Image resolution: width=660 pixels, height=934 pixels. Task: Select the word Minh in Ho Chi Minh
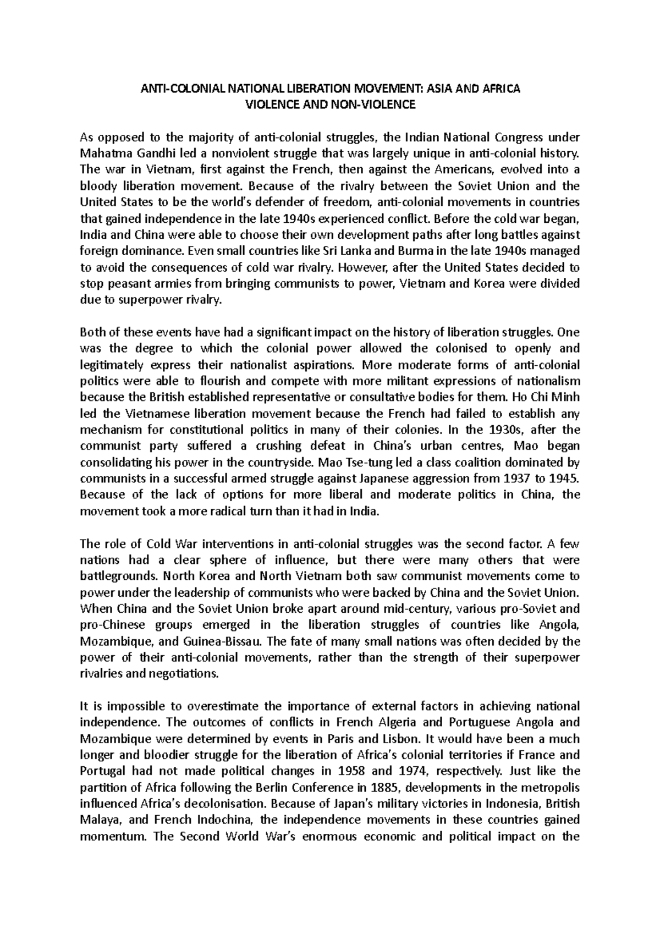565,397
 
